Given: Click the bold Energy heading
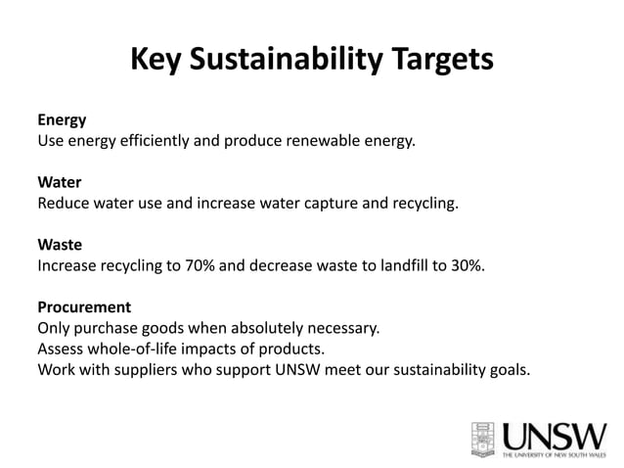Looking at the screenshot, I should (x=62, y=121).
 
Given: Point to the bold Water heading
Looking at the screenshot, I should (x=59, y=183).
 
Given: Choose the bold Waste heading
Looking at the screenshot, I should (x=59, y=245).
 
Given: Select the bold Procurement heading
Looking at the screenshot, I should (x=84, y=306).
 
